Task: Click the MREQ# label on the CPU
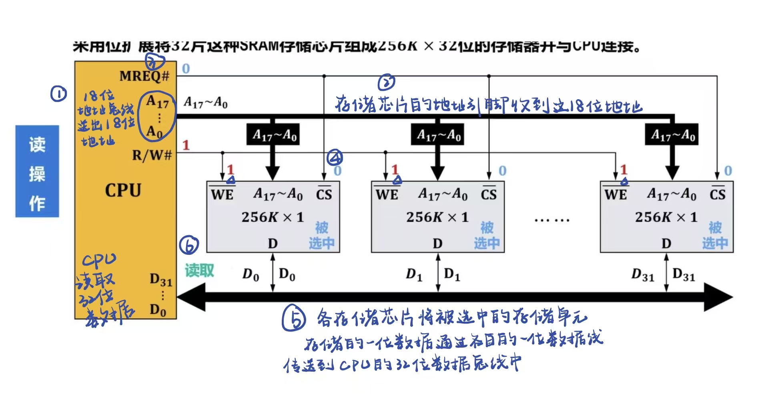pos(144,76)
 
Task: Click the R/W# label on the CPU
pos(152,155)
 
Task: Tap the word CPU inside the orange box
pos(123,190)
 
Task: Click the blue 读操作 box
pos(37,171)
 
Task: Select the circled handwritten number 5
pos(294,318)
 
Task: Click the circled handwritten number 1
pos(58,94)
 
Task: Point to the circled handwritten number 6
pos(189,245)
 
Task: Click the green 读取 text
pos(199,270)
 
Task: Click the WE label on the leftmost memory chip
pos(222,194)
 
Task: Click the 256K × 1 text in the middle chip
pos(437,217)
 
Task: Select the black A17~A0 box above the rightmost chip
pos(672,135)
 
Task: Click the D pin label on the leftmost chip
pos(273,243)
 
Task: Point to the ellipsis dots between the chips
pos(552,220)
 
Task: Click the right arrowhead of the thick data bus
pos(719,297)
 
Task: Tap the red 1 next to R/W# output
pos(186,145)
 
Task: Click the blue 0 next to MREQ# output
pos(186,69)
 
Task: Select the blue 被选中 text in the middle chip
pos(487,235)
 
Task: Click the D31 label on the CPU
pos(160,280)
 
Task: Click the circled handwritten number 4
pos(335,158)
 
